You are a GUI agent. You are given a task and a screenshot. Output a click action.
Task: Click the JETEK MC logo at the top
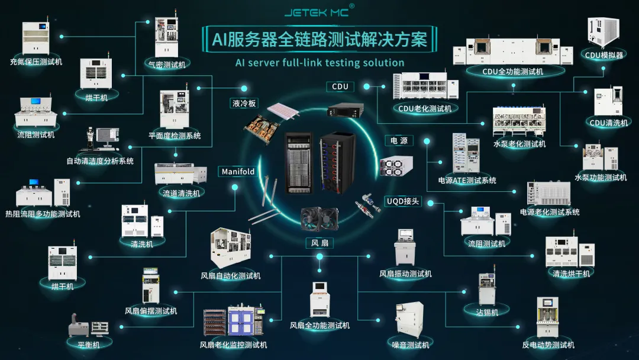coord(319,11)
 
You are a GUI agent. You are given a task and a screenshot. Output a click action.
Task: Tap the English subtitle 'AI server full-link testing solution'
coord(319,63)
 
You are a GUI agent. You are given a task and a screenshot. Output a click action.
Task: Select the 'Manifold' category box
coord(238,172)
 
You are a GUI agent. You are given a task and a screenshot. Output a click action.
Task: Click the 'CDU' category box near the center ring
coord(340,86)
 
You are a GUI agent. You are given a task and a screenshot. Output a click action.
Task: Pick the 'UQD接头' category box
coord(403,201)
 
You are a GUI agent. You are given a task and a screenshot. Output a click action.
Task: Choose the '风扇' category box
coord(320,243)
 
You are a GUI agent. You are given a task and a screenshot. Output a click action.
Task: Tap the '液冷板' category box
coord(244,103)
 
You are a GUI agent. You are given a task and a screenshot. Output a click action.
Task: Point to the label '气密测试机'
coord(166,65)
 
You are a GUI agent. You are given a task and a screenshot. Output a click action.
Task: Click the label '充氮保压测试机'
coord(36,62)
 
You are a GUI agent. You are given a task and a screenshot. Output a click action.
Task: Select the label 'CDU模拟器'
coord(604,55)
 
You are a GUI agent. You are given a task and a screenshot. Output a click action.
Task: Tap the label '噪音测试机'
coord(411,345)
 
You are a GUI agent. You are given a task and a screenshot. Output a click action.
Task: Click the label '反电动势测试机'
coord(548,345)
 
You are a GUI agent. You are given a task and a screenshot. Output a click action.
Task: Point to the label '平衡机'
coord(85,345)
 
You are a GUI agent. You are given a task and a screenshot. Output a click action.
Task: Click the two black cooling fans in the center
coord(319,220)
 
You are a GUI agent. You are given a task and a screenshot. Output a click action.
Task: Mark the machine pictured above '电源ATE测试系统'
coord(466,154)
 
